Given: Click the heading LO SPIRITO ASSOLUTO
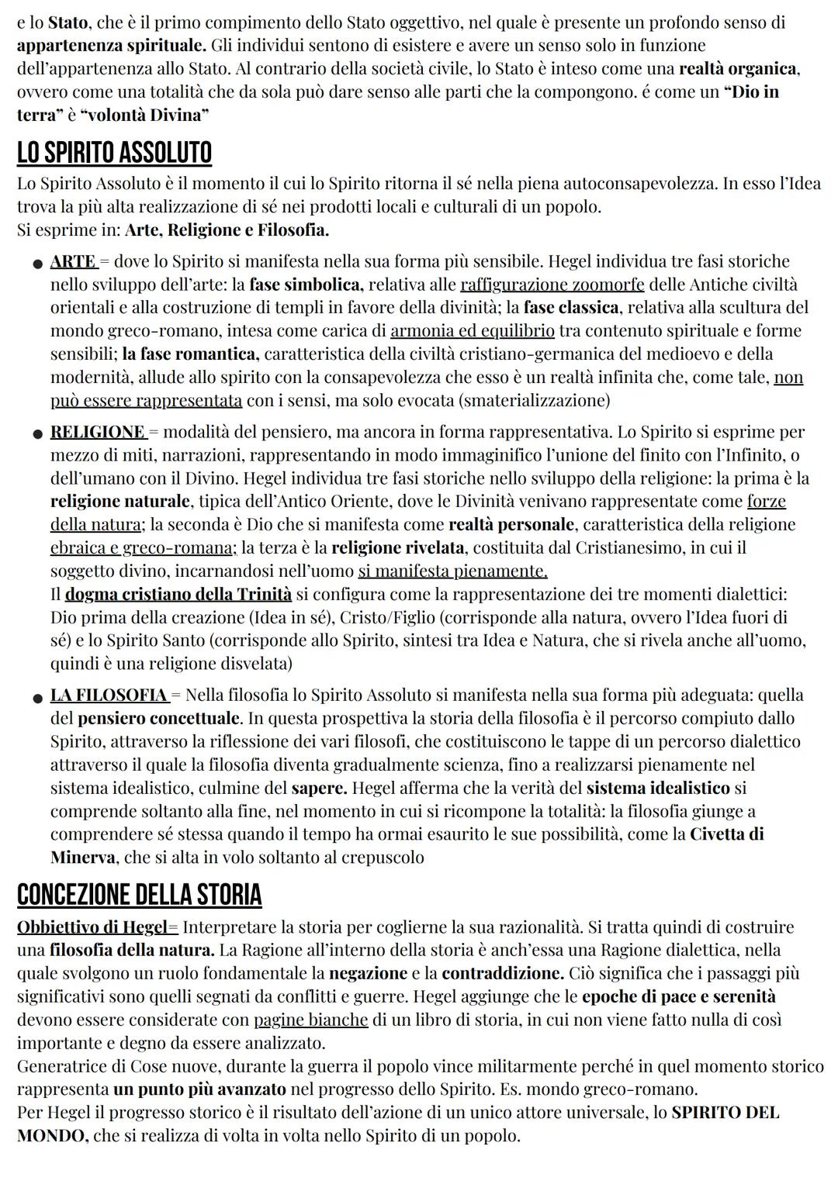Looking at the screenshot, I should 114,153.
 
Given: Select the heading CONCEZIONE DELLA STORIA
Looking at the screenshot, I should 139,894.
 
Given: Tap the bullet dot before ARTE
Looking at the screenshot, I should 36,264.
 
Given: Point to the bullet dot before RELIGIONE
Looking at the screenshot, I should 36,433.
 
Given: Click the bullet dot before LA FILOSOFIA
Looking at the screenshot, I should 36,697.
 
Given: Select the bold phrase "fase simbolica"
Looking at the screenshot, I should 305,285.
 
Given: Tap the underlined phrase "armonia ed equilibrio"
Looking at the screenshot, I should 472,331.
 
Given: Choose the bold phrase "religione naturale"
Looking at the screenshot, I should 119,502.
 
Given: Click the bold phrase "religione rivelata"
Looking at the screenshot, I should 397,548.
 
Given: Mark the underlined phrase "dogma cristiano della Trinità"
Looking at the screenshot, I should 178,595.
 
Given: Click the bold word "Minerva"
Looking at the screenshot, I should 83,858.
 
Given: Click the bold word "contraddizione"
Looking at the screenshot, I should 502,973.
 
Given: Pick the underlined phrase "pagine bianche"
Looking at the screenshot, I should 310,1020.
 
